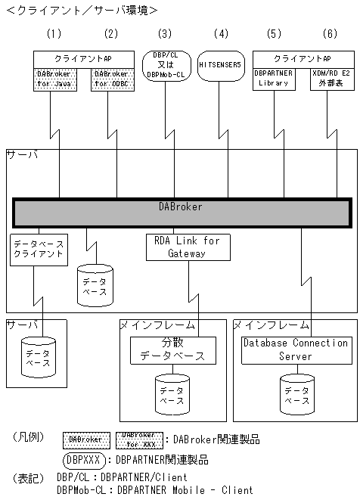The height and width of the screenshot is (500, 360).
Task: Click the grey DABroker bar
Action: click(x=182, y=212)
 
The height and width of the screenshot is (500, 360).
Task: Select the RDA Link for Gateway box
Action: click(x=187, y=247)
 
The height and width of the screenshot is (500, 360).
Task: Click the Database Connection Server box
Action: click(x=295, y=349)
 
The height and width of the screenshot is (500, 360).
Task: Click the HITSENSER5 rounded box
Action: click(x=220, y=66)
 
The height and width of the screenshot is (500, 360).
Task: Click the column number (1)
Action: click(x=54, y=34)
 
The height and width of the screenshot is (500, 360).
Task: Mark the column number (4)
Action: click(x=220, y=34)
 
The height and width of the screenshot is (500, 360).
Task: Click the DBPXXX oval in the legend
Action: click(x=82, y=459)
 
